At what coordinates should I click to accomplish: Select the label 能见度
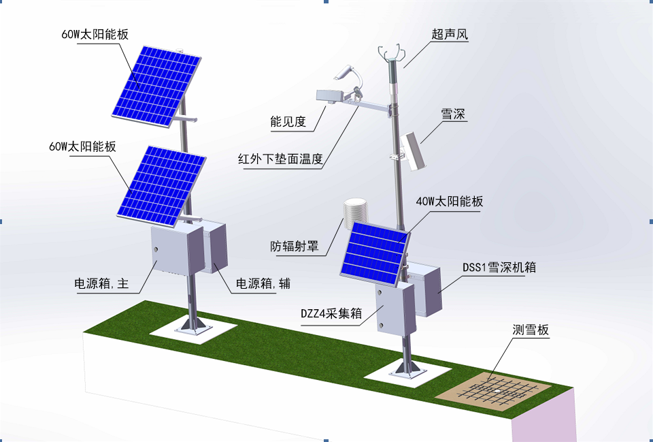click(x=288, y=122)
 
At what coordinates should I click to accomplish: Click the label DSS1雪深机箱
click(x=499, y=268)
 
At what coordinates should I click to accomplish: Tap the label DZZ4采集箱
click(x=331, y=313)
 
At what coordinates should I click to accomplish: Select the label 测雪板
click(x=531, y=330)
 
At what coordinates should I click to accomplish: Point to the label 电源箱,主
click(x=101, y=283)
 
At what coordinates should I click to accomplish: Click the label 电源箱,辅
click(x=263, y=283)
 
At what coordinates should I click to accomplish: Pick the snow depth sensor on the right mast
click(x=412, y=148)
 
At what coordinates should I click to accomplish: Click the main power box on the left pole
click(x=175, y=251)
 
